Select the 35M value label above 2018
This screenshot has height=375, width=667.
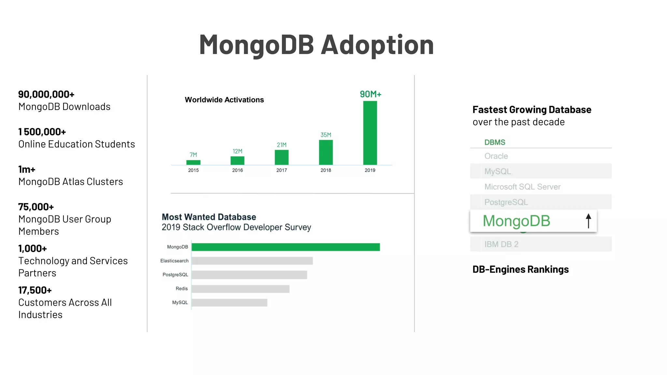pos(326,135)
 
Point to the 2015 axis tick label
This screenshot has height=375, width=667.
pos(193,170)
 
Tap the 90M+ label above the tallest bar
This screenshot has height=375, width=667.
pos(370,94)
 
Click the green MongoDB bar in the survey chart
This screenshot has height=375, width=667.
pos(286,247)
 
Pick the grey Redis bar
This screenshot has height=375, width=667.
pos(240,289)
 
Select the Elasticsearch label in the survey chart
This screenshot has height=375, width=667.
pos(174,261)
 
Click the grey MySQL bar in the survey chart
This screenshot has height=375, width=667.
pos(229,303)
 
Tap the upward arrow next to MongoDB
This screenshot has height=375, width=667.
pos(588,221)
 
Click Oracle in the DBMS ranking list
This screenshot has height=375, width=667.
pos(496,156)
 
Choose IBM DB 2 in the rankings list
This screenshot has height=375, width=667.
pos(501,244)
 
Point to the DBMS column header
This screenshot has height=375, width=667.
pos(495,142)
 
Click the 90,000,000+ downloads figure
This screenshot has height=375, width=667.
pos(46,94)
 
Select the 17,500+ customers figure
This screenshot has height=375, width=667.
pos(35,290)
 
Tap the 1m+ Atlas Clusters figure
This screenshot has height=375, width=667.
pos(27,170)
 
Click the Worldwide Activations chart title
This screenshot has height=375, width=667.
pos(224,100)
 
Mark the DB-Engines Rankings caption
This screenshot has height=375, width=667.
pos(520,270)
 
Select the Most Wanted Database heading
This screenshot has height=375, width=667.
pos(209,217)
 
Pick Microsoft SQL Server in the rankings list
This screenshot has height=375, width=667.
pos(522,187)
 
